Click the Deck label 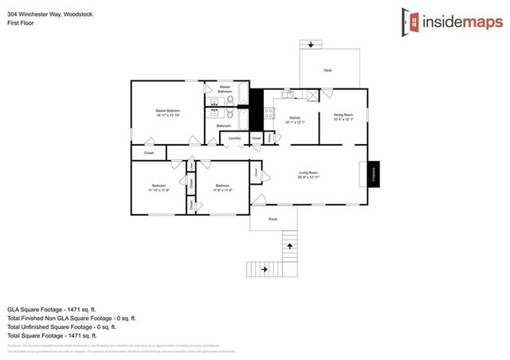(328, 71)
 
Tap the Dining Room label (343, 115)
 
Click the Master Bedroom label (167, 110)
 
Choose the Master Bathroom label (225, 89)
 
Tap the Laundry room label (234, 139)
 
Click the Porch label (273, 219)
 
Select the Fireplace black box (373, 174)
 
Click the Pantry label (270, 138)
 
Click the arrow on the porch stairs (288, 246)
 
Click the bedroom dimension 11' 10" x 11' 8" (159, 190)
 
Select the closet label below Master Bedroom (149, 153)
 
